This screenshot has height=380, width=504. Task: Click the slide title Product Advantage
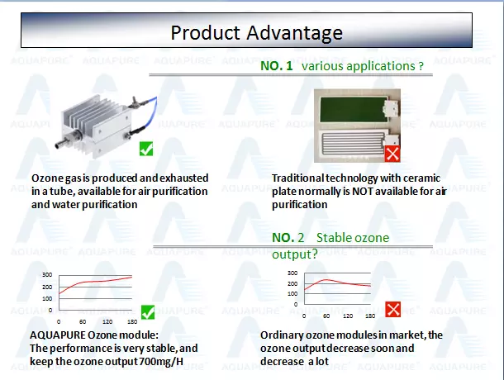click(x=256, y=33)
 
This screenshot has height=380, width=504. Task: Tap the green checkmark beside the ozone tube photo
click(x=146, y=149)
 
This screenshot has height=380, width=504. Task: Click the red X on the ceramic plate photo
click(x=392, y=154)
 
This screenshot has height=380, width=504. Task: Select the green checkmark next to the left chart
click(x=148, y=312)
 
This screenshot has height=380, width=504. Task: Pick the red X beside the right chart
click(x=392, y=309)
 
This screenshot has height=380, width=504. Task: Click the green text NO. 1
click(x=277, y=66)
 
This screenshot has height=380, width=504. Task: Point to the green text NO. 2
click(x=288, y=238)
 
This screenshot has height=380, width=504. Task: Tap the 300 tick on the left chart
click(x=47, y=274)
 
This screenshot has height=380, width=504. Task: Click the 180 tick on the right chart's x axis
click(x=370, y=316)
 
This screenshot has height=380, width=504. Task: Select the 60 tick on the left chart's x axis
click(x=83, y=321)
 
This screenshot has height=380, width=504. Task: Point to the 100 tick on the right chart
click(x=292, y=293)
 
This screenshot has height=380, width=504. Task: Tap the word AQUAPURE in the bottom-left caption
click(x=58, y=335)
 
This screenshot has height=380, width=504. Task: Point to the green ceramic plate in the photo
click(x=354, y=109)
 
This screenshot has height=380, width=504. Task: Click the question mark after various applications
click(x=421, y=66)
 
